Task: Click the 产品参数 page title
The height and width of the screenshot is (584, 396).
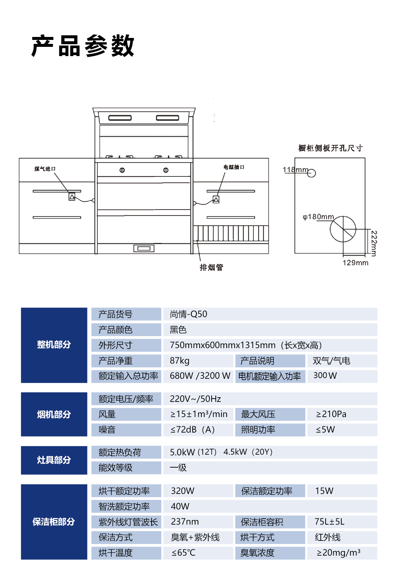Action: [82, 46]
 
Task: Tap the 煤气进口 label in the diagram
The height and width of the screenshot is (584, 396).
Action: [45, 169]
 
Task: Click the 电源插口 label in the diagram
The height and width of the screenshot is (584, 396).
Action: [234, 167]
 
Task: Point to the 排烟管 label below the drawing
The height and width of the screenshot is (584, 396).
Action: [212, 268]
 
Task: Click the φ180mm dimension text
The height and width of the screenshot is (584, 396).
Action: [318, 217]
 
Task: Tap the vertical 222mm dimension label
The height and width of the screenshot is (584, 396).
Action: [374, 243]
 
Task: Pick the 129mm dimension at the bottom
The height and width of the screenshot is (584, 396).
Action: [355, 263]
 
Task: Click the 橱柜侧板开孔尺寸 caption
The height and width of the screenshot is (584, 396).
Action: [330, 148]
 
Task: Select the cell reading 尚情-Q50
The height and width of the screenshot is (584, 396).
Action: [188, 314]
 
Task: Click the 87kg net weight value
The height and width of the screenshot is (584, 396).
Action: [180, 361]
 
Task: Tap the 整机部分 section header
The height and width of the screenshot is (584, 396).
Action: [54, 345]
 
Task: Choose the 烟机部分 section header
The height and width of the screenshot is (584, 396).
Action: [54, 414]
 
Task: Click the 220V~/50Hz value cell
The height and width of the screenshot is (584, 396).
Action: [195, 399]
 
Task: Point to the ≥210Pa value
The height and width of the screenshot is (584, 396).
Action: [331, 414]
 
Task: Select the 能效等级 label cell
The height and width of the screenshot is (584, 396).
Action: [115, 468]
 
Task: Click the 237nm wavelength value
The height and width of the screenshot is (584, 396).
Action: [185, 522]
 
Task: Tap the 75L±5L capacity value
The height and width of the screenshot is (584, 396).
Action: [329, 522]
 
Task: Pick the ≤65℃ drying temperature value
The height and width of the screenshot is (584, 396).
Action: [183, 553]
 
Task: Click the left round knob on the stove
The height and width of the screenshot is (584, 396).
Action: [122, 170]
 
